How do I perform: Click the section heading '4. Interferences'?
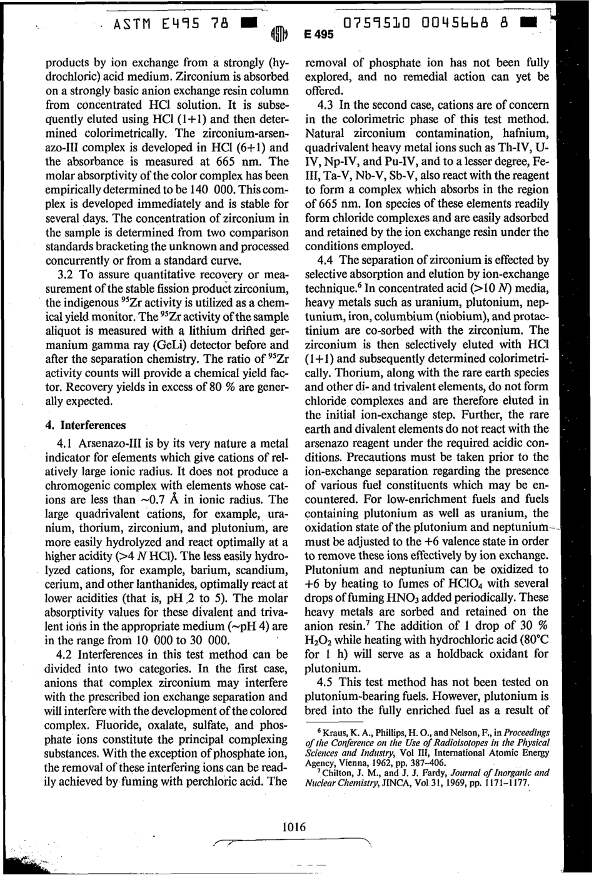(86, 425)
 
